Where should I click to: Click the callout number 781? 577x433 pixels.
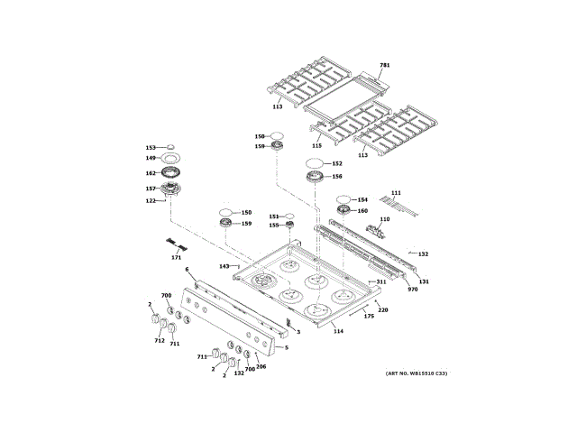tap(384, 66)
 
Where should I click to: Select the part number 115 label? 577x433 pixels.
tap(316, 144)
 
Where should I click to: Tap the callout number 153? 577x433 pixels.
tap(151, 147)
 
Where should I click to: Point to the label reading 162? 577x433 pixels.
tap(151, 173)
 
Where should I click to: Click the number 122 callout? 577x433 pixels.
tap(151, 200)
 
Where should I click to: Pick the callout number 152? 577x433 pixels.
tap(337, 164)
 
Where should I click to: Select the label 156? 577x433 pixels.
tap(337, 177)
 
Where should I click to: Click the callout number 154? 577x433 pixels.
tap(362, 199)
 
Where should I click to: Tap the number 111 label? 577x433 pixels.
tap(396, 193)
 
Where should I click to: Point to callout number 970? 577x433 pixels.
tap(413, 289)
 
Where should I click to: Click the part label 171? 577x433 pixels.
tap(176, 258)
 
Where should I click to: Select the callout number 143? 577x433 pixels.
tap(224, 266)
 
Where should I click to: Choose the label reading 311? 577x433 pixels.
tap(381, 282)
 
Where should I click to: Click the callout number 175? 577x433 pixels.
tap(368, 316)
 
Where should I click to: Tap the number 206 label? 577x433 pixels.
tap(261, 366)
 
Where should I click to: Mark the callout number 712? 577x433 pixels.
tap(160, 341)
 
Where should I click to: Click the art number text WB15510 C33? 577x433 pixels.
tap(417, 373)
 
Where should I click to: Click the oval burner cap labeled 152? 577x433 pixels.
tap(315, 163)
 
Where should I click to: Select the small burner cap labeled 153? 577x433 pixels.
tap(171, 146)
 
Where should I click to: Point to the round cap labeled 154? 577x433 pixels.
tap(344, 199)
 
